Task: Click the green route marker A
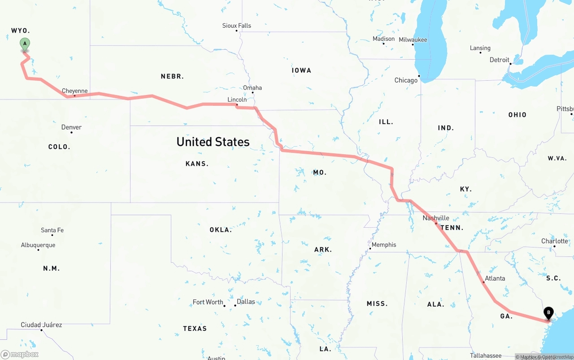pos(25,44)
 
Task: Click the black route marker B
pos(548,313)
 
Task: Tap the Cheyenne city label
pos(75,91)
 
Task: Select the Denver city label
pos(72,127)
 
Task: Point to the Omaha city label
pos(252,88)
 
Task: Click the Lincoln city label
pos(237,100)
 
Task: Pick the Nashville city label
pos(436,218)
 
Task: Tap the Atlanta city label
pos(495,278)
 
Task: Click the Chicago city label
pos(406,81)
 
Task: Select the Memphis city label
pos(384,245)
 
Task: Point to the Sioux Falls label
pos(237,26)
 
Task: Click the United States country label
pos(213,142)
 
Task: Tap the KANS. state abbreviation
pos(197,164)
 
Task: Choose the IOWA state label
pos(301,70)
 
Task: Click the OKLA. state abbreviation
pos(221,230)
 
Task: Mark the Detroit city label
pos(500,60)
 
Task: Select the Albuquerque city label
pos(38,245)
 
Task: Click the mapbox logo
pos(20,354)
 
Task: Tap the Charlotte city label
pos(555,241)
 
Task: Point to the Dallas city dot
pos(235,306)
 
